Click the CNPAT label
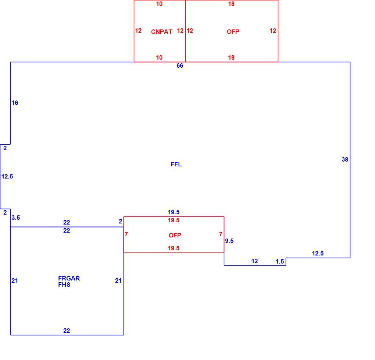point(162,32)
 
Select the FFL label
point(176,164)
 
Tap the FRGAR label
point(69,278)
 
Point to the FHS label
point(64,285)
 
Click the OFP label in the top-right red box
point(233,32)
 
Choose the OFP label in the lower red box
point(175,235)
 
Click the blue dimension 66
point(180,66)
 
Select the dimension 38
point(345,159)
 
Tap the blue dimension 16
point(15,103)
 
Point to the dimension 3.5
point(16,218)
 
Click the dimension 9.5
point(229,241)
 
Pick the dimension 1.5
point(280,262)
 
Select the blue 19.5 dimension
point(174,212)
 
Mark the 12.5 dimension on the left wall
point(7,177)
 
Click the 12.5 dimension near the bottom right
point(318,253)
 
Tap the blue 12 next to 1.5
point(255,261)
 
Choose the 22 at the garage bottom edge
point(67,331)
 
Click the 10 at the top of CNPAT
point(159,4)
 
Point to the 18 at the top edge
point(231,4)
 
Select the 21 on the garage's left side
point(15,280)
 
